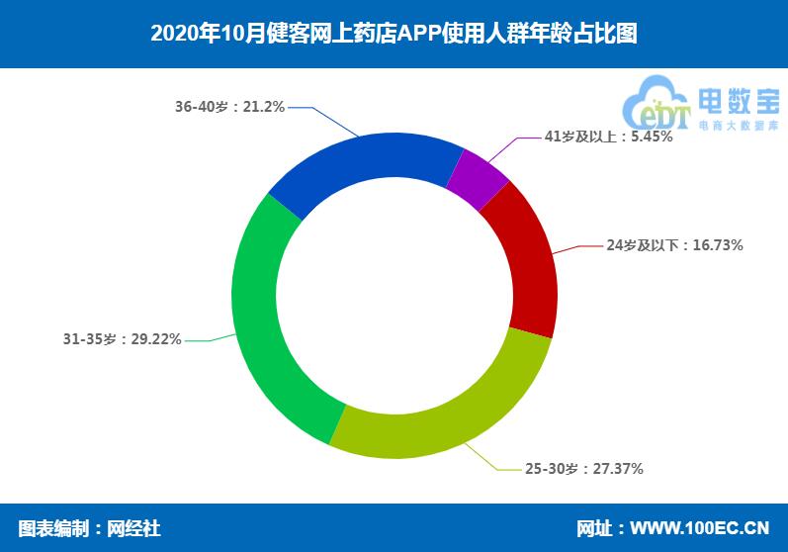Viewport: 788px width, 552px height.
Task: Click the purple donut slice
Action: click(479, 179)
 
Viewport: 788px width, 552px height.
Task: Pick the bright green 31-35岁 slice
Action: click(268, 326)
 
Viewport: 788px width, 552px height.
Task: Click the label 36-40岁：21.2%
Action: click(229, 107)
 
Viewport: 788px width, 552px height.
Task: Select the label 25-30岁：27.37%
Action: click(583, 468)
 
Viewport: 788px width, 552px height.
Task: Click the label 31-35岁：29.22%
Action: click(122, 339)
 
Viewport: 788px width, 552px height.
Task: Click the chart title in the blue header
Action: click(394, 34)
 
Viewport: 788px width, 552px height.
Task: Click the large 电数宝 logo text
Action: click(738, 101)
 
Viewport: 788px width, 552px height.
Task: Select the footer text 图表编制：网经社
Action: click(89, 528)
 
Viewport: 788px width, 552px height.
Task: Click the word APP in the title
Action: click(431, 34)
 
